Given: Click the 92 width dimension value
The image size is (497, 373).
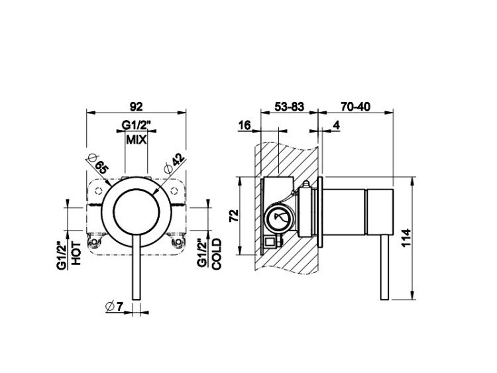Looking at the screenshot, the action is coord(137,106).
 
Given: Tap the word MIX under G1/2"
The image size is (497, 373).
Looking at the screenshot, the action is coord(137,139).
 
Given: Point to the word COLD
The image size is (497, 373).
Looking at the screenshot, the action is coord(217,254).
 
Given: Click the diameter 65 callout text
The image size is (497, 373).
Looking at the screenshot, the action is coord(97,163).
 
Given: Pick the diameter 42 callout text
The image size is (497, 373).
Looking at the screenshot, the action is coord(174,164).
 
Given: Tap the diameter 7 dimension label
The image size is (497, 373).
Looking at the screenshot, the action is coord(114,306).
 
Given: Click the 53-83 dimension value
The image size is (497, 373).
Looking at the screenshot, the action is coord(289,107).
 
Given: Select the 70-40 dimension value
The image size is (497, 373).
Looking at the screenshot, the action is coord(355,107).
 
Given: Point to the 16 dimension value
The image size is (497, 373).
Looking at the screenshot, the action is coord(245,125).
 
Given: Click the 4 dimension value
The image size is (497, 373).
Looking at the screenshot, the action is coord(336,125).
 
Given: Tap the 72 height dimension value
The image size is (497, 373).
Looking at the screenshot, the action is coord(234,216).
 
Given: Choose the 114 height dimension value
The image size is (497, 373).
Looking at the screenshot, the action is coord(406,238).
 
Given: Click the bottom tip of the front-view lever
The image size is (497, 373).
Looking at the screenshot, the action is coord(136,300).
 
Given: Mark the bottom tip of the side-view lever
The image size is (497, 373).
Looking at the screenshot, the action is coord(384,300).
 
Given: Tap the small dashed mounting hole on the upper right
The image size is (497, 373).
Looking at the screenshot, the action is coord(174,190).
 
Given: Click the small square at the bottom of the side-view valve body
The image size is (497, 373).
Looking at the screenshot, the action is coord(270,242).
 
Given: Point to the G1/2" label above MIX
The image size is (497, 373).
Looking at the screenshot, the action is coord(135,125).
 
